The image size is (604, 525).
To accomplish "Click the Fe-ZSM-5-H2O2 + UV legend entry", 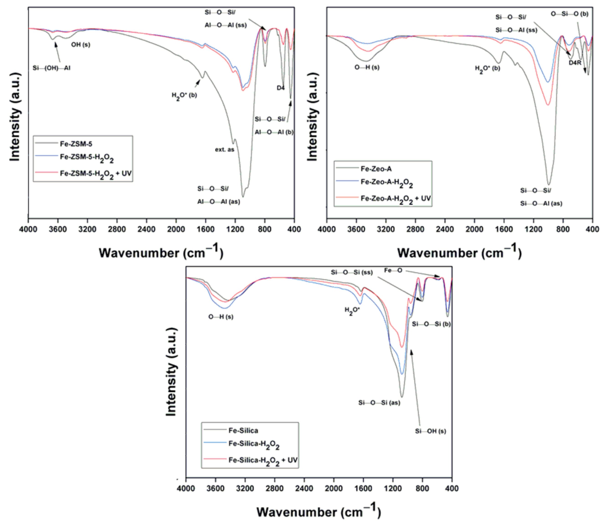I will point(95,173).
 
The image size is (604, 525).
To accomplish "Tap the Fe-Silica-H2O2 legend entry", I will point(254,444).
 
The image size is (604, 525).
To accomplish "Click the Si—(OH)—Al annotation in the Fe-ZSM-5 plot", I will point(51,68).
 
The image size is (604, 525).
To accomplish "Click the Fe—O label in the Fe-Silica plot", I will point(393,270).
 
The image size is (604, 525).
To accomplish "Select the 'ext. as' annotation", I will point(224,150).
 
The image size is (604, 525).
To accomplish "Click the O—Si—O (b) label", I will point(569,14).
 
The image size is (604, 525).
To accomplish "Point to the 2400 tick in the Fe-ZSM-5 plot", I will point(146,229).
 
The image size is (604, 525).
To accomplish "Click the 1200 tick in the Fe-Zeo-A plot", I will point(533,229).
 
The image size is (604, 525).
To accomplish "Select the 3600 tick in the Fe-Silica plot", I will point(215,488).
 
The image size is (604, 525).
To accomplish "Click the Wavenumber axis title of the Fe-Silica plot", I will point(319,512).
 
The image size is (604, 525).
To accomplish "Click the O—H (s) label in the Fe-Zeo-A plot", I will point(367,67).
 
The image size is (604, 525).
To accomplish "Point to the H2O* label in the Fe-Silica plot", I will point(352,311).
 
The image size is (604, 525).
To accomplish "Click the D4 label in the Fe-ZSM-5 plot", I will point(280,88).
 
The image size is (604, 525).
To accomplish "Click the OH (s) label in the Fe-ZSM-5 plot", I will point(81,45).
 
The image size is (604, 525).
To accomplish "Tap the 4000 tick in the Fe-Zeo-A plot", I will point(326,229).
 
